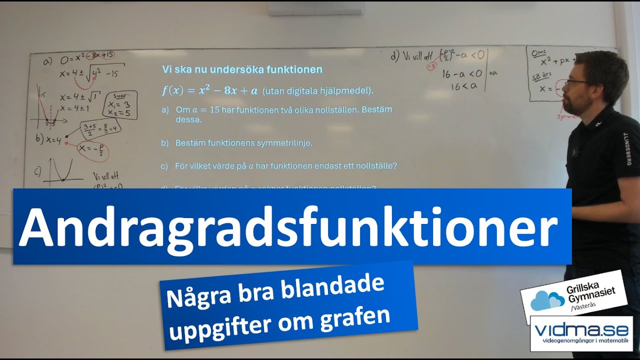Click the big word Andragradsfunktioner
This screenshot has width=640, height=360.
[x=288, y=228]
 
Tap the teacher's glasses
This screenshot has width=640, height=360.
[x=576, y=82]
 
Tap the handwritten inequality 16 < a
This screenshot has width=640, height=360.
[x=461, y=86]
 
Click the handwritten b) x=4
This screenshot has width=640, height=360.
[x=48, y=140]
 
